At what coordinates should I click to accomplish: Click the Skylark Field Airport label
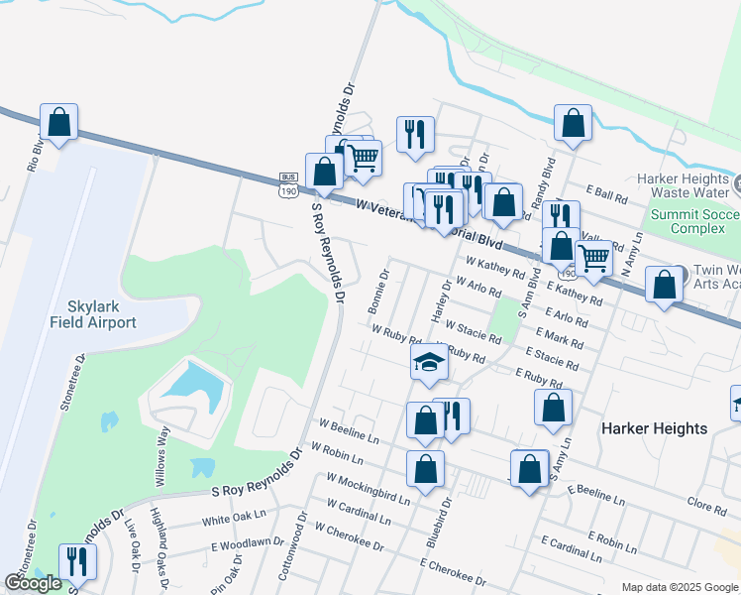(93, 315)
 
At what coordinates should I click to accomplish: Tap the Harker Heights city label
(655, 428)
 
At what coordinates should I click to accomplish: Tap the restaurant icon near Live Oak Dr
(75, 561)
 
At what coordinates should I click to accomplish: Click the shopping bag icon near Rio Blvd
(59, 123)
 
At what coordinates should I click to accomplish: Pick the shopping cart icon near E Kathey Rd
(593, 258)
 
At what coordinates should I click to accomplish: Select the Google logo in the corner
(34, 583)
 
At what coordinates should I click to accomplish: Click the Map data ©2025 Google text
(680, 587)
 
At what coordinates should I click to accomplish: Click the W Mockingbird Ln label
(368, 489)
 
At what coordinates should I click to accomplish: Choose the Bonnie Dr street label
(385, 283)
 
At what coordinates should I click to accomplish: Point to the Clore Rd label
(706, 506)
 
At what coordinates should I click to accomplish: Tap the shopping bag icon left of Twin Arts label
(663, 285)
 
